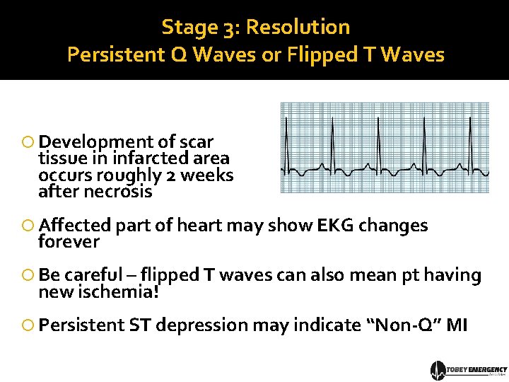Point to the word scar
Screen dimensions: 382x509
pos(198,141)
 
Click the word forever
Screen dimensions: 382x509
pos(69,242)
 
